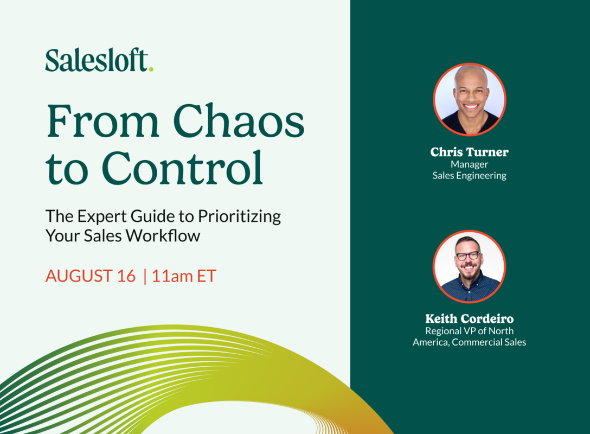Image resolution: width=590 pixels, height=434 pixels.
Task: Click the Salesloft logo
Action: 97,60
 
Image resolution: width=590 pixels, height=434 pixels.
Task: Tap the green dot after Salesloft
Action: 151,68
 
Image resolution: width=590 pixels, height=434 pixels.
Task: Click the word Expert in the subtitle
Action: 101,216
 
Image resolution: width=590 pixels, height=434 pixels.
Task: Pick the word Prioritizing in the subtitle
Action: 239,216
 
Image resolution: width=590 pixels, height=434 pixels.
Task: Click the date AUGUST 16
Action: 90,276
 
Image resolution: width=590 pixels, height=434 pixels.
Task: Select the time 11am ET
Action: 184,276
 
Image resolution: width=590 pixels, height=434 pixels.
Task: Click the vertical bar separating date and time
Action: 144,276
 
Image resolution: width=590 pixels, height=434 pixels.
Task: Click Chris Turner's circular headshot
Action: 469,99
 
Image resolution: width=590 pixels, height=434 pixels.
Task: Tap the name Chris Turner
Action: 469,152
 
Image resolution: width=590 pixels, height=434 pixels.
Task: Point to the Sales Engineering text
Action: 469,175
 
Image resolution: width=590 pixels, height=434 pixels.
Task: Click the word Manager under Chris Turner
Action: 469,164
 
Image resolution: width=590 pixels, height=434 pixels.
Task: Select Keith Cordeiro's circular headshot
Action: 469,266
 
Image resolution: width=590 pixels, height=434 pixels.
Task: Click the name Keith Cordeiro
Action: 469,319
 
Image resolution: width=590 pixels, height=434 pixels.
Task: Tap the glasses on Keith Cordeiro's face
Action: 467,256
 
